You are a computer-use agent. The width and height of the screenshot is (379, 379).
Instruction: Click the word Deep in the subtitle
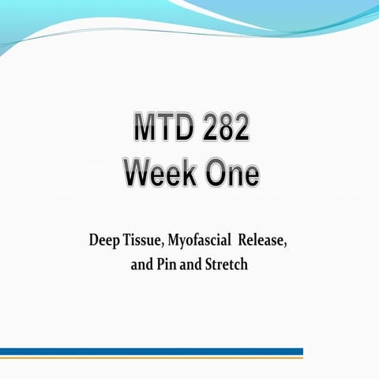coord(105,240)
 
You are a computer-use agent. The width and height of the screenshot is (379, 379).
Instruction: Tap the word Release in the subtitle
coord(262,240)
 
